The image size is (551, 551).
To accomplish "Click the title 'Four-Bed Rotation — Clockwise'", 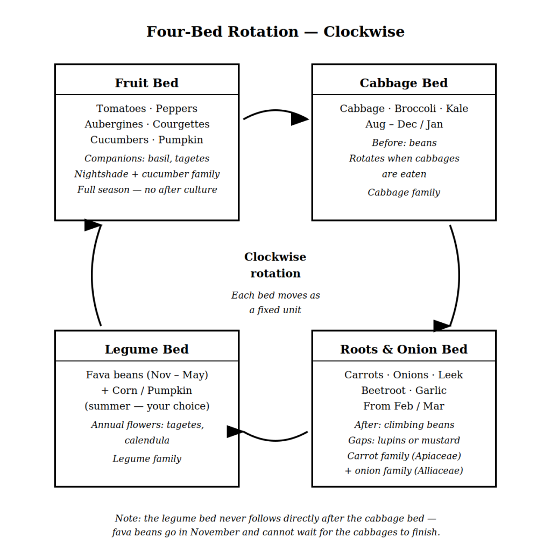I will click(x=275, y=32).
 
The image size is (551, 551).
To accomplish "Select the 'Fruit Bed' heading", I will click(x=146, y=83).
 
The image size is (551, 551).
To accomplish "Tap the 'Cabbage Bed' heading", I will click(x=404, y=83).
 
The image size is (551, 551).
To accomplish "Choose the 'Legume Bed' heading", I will click(x=146, y=349).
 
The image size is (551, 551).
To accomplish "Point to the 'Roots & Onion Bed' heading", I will click(x=404, y=349).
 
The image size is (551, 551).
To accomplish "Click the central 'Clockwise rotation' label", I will click(x=275, y=265).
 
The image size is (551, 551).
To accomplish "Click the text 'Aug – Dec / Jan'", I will click(x=404, y=124).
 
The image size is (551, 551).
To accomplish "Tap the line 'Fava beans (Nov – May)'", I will click(x=146, y=375).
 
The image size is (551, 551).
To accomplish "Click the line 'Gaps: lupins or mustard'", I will click(x=404, y=440).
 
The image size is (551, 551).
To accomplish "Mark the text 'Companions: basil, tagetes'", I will click(x=146, y=158).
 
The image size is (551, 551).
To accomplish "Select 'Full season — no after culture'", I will click(x=146, y=189).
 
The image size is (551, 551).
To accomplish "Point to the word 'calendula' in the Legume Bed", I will click(x=146, y=440).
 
